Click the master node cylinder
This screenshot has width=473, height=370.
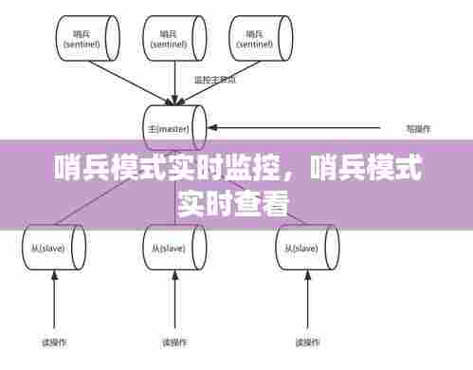(x=172, y=127)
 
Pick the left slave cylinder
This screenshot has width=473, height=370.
(x=53, y=248)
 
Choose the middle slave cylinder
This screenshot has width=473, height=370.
(x=172, y=248)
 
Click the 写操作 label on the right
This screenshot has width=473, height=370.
(x=418, y=127)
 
